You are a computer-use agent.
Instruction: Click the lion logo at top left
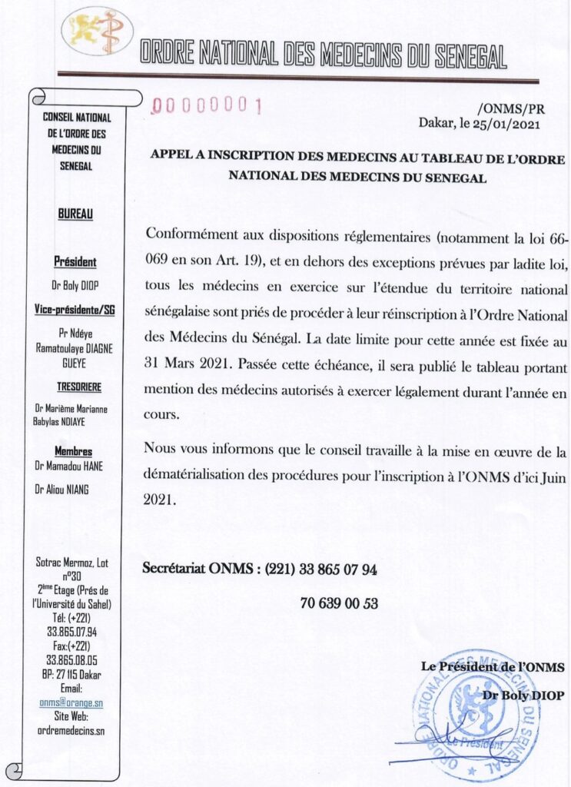pyautogui.click(x=97, y=32)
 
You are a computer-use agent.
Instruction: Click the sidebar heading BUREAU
pyautogui.click(x=75, y=215)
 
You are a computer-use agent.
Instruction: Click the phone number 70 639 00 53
pyautogui.click(x=339, y=603)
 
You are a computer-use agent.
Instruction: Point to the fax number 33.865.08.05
pyautogui.click(x=75, y=660)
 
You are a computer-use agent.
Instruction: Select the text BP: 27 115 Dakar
pyautogui.click(x=75, y=674)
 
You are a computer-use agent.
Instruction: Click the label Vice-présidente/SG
pyautogui.click(x=75, y=310)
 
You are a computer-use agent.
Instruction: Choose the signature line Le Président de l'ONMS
pyautogui.click(x=493, y=667)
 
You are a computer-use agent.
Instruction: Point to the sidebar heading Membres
pyautogui.click(x=75, y=451)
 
